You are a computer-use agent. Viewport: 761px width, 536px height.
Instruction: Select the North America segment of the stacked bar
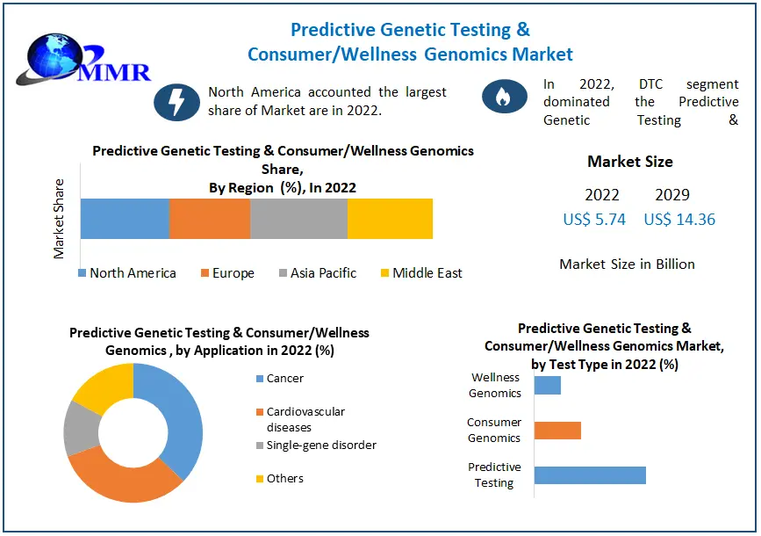pos(124,219)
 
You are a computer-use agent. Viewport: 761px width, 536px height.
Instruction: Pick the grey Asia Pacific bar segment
pos(298,219)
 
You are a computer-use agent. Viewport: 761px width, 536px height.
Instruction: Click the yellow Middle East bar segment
pos(390,219)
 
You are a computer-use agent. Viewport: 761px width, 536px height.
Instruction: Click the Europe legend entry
pos(227,273)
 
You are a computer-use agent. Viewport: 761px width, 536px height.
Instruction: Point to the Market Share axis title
pos(60,219)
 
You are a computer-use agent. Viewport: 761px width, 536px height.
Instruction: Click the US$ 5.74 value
pos(594,220)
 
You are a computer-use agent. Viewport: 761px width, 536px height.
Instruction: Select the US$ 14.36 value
pos(679,220)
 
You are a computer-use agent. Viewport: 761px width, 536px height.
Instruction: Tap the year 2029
pos(672,195)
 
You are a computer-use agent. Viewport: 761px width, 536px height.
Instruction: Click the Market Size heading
pos(630,162)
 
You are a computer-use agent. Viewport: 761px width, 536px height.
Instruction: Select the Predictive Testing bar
pos(590,475)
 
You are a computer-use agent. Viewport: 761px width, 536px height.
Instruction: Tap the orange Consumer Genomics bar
pos(557,430)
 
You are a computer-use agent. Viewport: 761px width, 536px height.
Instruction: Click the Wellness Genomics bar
pos(547,385)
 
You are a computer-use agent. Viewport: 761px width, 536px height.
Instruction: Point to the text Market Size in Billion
pos(627,264)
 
